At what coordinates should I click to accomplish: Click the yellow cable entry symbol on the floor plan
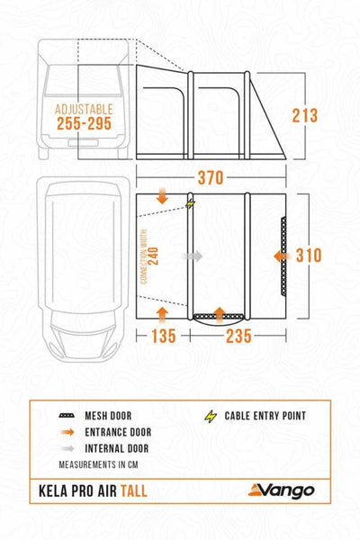190,204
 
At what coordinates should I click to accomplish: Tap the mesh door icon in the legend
67,416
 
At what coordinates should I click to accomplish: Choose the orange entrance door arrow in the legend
67,433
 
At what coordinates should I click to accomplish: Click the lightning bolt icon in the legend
212,416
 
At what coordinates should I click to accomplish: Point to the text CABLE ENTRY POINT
264,416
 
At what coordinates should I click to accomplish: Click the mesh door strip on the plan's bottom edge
219,315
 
